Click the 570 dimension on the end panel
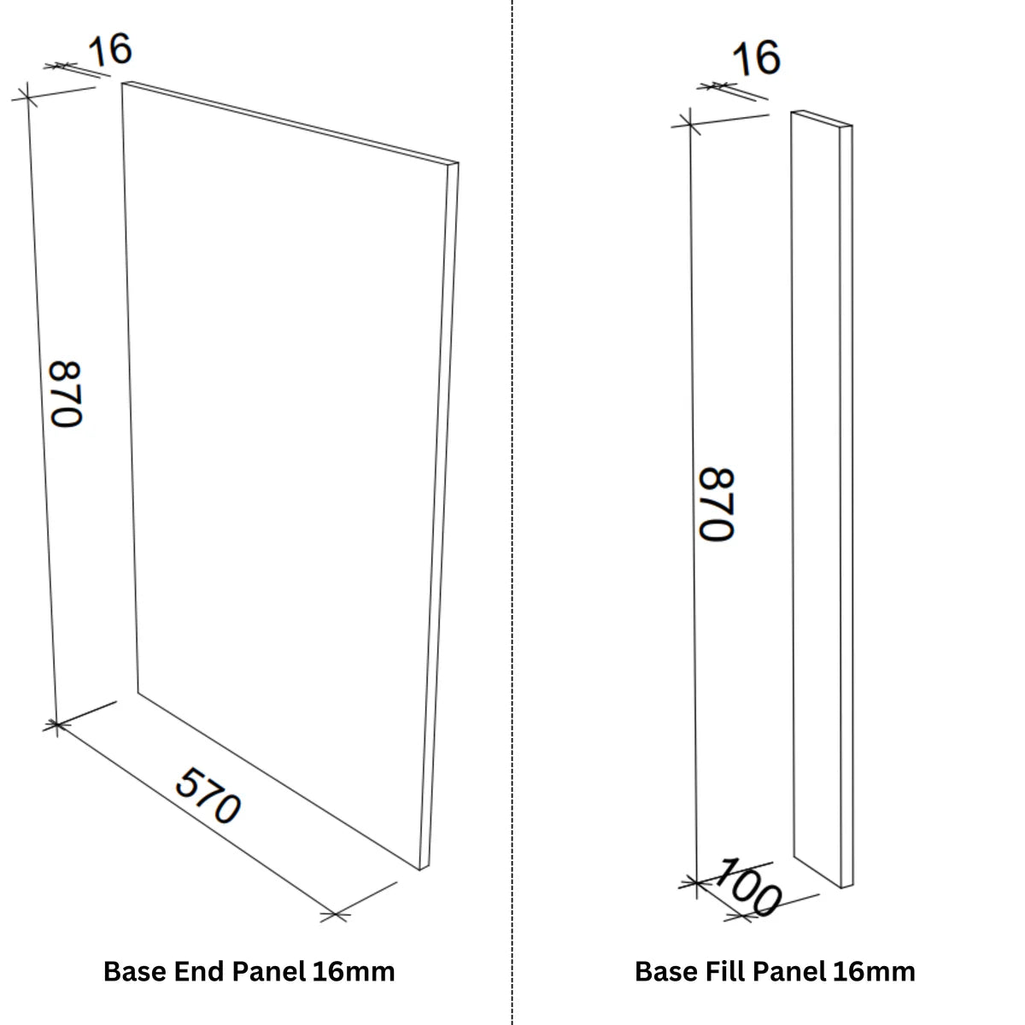[208, 796]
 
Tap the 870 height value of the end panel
[66, 394]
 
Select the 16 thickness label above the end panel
[109, 50]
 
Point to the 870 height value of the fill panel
[717, 504]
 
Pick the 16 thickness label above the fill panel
[757, 57]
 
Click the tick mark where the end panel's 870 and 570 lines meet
[56, 724]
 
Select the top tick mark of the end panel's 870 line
[26, 97]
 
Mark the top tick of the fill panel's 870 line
[690, 125]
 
